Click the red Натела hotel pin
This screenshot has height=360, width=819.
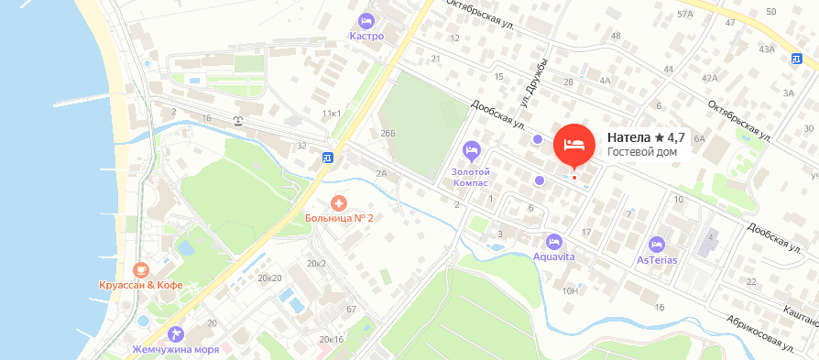point(574,144)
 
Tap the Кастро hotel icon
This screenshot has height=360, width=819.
point(366,20)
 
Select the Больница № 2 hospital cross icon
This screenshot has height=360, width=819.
point(338,202)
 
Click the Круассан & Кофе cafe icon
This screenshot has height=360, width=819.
point(140,269)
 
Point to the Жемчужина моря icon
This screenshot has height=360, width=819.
point(176,333)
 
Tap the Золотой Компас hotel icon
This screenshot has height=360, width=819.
point(472,149)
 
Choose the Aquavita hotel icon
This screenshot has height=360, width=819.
point(553,242)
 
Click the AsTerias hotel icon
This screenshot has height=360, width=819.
point(656,245)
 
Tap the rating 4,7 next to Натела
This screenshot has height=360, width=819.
point(670,137)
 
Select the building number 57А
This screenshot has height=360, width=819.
point(684,15)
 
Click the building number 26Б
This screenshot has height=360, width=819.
point(388,134)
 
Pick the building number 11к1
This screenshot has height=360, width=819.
point(331,113)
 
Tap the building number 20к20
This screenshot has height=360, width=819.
point(269,277)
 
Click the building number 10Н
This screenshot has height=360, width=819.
point(570,291)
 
